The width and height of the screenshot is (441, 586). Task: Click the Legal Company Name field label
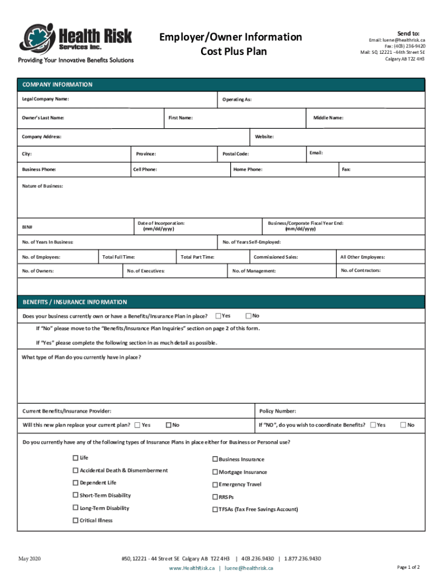point(45,99)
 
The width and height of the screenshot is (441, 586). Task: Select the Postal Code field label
point(235,154)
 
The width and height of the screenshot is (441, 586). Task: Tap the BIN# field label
point(27,227)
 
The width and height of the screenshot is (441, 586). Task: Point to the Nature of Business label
point(42,186)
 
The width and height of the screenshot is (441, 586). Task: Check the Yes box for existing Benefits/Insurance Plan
point(218,316)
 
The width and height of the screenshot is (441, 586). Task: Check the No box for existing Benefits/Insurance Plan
point(249,316)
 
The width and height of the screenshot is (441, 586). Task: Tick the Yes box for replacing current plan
point(137,425)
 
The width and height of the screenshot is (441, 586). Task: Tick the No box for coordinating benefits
point(403,425)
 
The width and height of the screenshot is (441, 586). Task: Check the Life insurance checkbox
point(76,458)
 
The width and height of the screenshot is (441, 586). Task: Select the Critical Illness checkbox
point(76,520)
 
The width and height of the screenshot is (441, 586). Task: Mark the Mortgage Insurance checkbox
point(215,472)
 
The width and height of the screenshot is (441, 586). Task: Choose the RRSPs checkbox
point(215,497)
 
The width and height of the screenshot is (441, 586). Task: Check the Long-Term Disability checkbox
point(76,508)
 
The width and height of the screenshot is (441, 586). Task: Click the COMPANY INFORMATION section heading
point(57,85)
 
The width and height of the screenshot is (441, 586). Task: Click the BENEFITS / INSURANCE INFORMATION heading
point(74,302)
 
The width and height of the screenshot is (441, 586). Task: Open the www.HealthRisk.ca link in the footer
point(192,568)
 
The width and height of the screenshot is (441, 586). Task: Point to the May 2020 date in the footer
point(29,559)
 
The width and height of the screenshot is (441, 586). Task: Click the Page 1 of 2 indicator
point(408,567)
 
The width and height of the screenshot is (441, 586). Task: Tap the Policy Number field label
point(278,411)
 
